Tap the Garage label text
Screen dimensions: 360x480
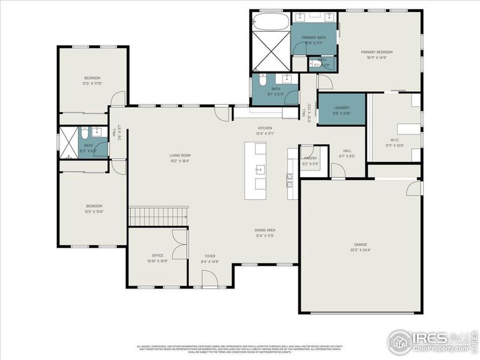[x=360, y=245]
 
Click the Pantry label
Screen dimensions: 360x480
[x=310, y=158]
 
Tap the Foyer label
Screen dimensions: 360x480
[x=210, y=255]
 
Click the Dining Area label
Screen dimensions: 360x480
[x=264, y=230]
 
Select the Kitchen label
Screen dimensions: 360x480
[x=265, y=128]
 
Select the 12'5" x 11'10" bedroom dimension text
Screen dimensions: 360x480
[x=92, y=83]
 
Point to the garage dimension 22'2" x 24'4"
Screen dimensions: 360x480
[x=360, y=250]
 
